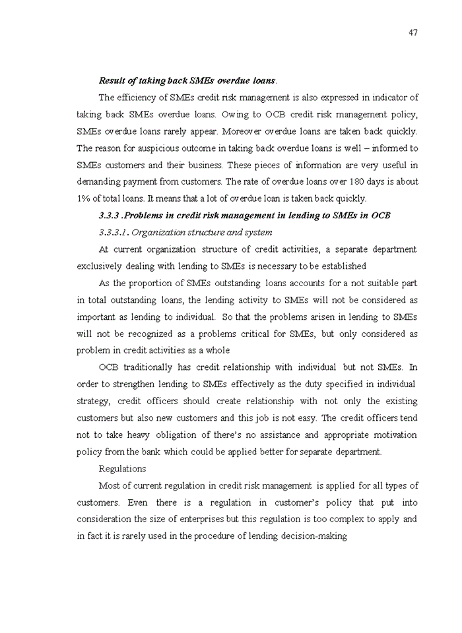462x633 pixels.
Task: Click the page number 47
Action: (x=412, y=32)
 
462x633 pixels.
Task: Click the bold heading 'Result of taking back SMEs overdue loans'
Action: (x=187, y=80)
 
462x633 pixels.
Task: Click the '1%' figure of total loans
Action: (x=84, y=198)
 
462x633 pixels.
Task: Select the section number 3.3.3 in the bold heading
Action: (x=110, y=216)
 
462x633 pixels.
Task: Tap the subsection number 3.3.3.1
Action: (x=113, y=232)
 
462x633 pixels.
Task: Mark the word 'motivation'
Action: (x=395, y=435)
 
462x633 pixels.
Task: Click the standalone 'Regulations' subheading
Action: (x=122, y=469)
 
